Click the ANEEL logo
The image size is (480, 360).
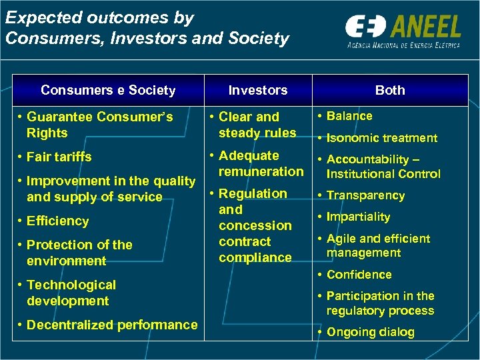tap(403, 28)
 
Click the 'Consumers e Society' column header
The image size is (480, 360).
tap(108, 90)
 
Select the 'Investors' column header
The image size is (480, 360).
tap(257, 90)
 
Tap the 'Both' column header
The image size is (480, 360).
tap(390, 90)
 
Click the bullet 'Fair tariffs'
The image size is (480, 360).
tap(59, 157)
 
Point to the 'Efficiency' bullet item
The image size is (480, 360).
tap(57, 221)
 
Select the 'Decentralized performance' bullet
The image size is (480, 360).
tap(112, 325)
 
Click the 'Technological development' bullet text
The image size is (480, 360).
tap(71, 293)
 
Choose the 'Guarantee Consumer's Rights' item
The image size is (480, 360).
tap(99, 125)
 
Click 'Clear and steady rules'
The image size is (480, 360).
tap(257, 125)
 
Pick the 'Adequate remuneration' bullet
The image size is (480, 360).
tap(261, 163)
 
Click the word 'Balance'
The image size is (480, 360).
tap(349, 116)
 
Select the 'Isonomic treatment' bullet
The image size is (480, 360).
tap(381, 138)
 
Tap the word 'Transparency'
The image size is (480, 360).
tap(365, 195)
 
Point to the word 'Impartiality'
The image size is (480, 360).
tap(358, 217)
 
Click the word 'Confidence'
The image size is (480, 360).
tap(359, 274)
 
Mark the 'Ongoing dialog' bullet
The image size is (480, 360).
tap(370, 332)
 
